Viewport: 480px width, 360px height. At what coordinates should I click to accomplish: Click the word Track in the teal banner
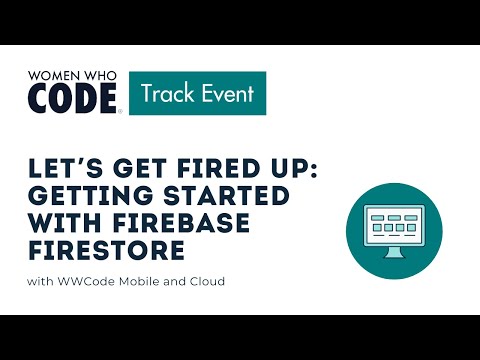(166, 95)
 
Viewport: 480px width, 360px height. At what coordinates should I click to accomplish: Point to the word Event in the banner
(226, 95)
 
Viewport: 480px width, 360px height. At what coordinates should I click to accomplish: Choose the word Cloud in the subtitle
(205, 281)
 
